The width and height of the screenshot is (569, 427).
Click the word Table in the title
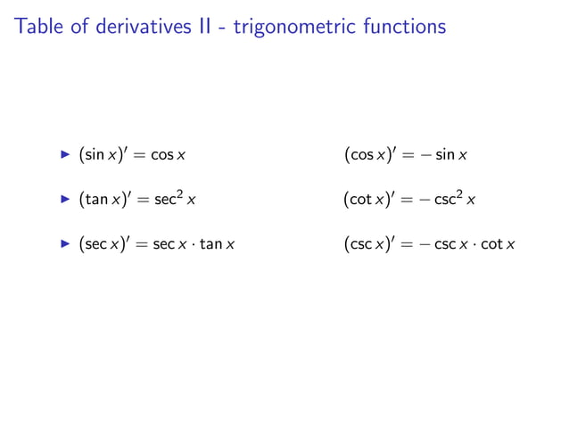click(x=38, y=27)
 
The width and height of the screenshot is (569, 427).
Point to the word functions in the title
click(x=407, y=27)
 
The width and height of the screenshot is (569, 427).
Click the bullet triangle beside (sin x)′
click(x=64, y=155)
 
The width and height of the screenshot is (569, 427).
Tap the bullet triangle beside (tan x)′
click(x=64, y=199)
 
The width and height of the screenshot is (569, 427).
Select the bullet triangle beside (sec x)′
click(x=64, y=242)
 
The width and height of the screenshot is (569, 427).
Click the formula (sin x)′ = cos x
click(x=133, y=156)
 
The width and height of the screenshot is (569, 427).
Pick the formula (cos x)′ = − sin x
click(x=406, y=156)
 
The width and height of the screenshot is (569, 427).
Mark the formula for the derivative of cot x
click(x=409, y=199)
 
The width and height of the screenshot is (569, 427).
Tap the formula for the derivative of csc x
click(x=429, y=242)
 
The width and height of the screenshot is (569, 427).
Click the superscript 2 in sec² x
click(x=179, y=193)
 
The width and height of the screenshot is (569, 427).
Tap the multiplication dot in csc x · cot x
click(x=474, y=242)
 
